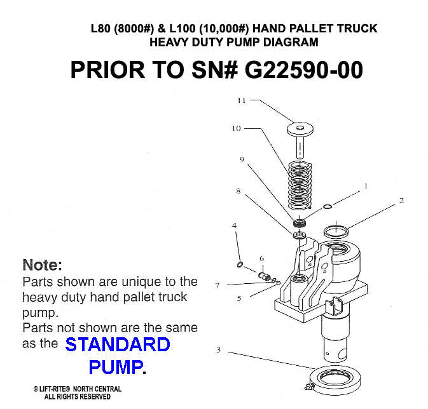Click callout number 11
click(x=242, y=100)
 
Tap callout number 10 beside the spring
click(x=237, y=128)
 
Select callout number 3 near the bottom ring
click(x=218, y=349)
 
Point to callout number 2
click(x=401, y=201)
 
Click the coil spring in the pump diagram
click(x=300, y=185)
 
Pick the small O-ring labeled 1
click(x=328, y=206)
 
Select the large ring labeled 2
click(x=336, y=232)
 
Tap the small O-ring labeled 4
click(x=240, y=265)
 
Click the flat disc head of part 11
click(x=300, y=129)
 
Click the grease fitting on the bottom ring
click(x=308, y=387)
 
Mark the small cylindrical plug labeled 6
click(x=264, y=276)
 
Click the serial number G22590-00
click(x=304, y=70)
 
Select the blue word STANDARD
click(x=118, y=344)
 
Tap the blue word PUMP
click(x=116, y=367)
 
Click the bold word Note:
click(x=43, y=265)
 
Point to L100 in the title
click(x=183, y=29)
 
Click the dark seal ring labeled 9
click(x=299, y=222)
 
